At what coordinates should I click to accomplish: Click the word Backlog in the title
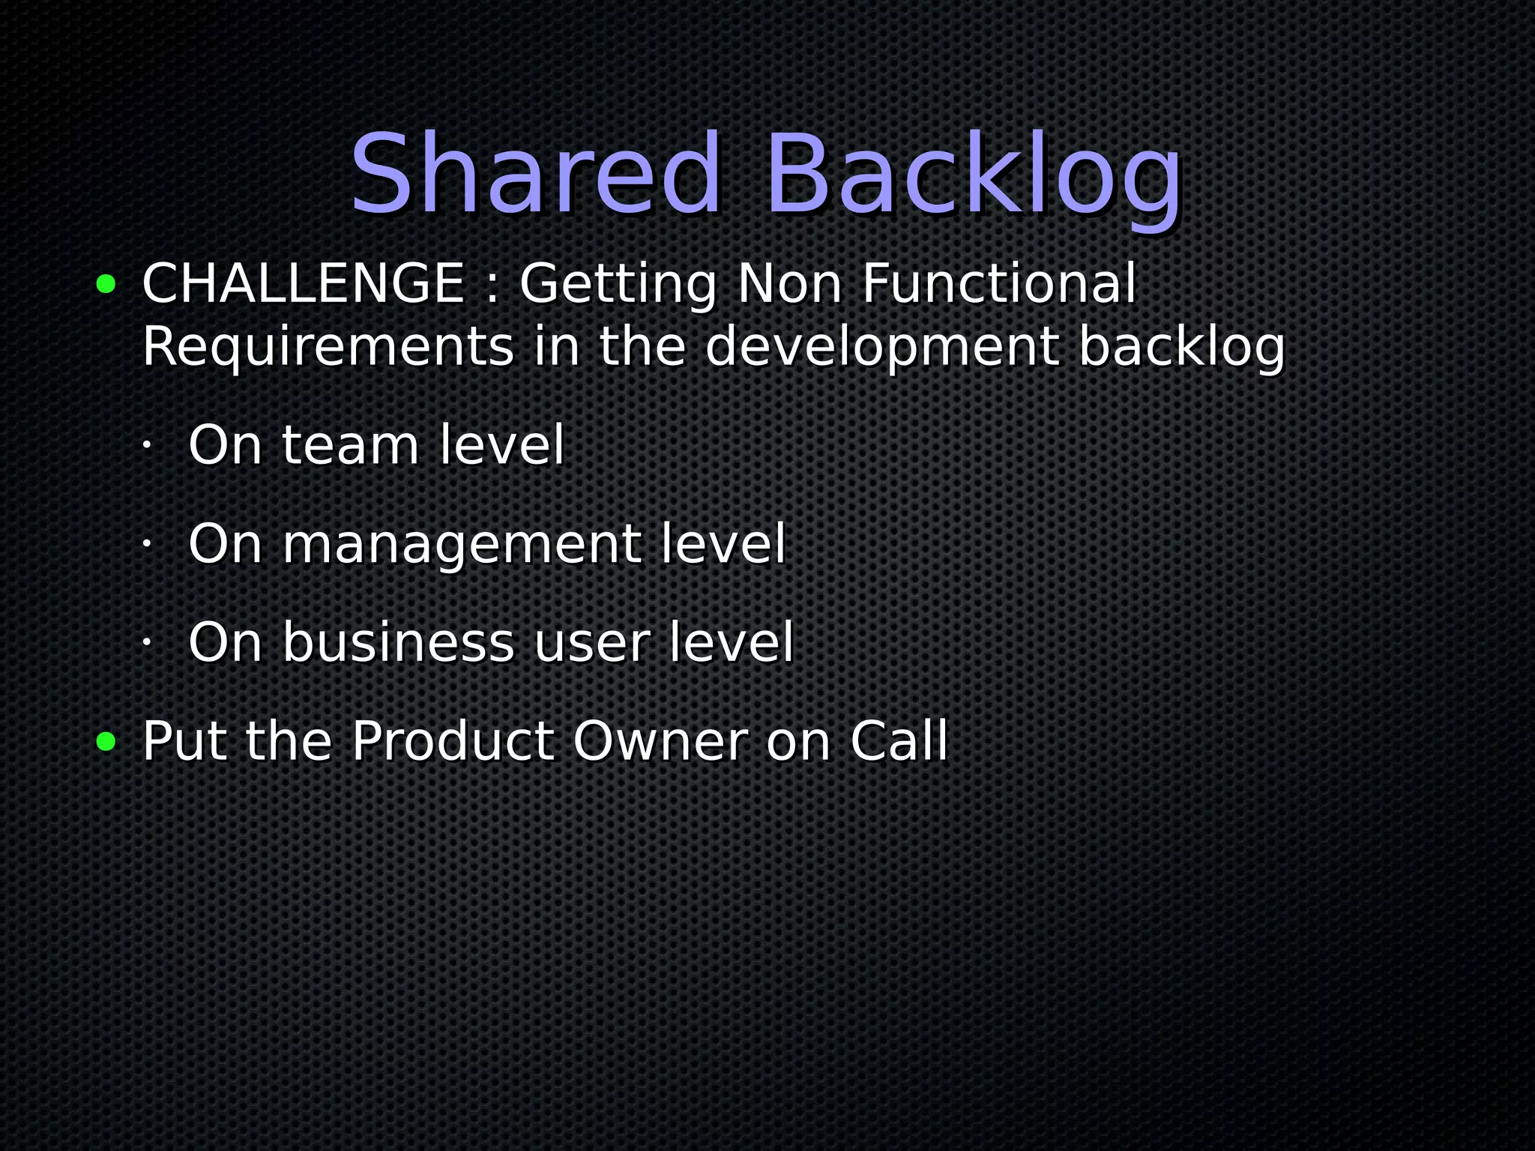[x=973, y=177]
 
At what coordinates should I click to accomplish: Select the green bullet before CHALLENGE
[x=106, y=284]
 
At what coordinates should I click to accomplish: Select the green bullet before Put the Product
[x=106, y=742]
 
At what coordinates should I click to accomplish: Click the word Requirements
[x=328, y=348]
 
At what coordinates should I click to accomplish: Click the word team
[x=350, y=445]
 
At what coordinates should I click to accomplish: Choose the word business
[x=398, y=643]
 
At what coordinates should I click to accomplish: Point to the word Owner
[x=660, y=742]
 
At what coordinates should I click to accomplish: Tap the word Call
[x=899, y=742]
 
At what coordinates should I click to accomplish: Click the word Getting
[x=618, y=285]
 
